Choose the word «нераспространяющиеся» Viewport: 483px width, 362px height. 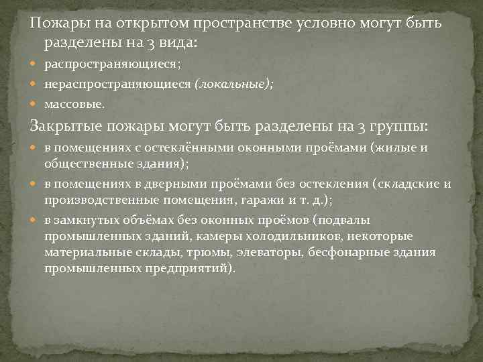(x=118, y=84)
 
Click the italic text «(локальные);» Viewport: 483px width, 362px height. (x=233, y=84)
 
